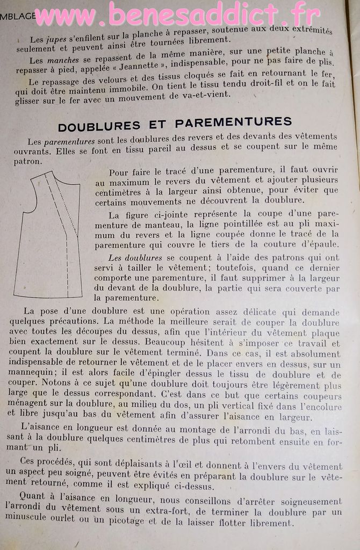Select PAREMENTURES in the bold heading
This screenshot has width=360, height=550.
point(233,122)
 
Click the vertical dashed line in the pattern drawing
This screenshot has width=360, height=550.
point(67,258)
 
